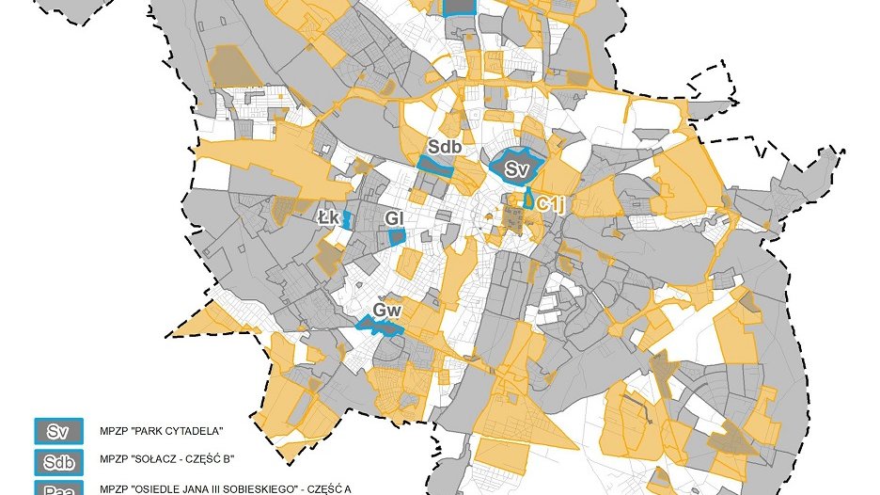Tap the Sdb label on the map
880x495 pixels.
tap(444, 147)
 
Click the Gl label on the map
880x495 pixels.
tap(395, 218)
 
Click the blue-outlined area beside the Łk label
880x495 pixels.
tap(347, 220)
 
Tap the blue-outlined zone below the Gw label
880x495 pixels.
tap(381, 327)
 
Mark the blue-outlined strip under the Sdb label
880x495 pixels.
tap(435, 168)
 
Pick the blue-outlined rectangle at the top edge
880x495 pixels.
tap(459, 7)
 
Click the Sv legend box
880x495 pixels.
tap(59, 432)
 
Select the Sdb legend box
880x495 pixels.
tap(59, 462)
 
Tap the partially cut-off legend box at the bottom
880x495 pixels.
tap(59, 488)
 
